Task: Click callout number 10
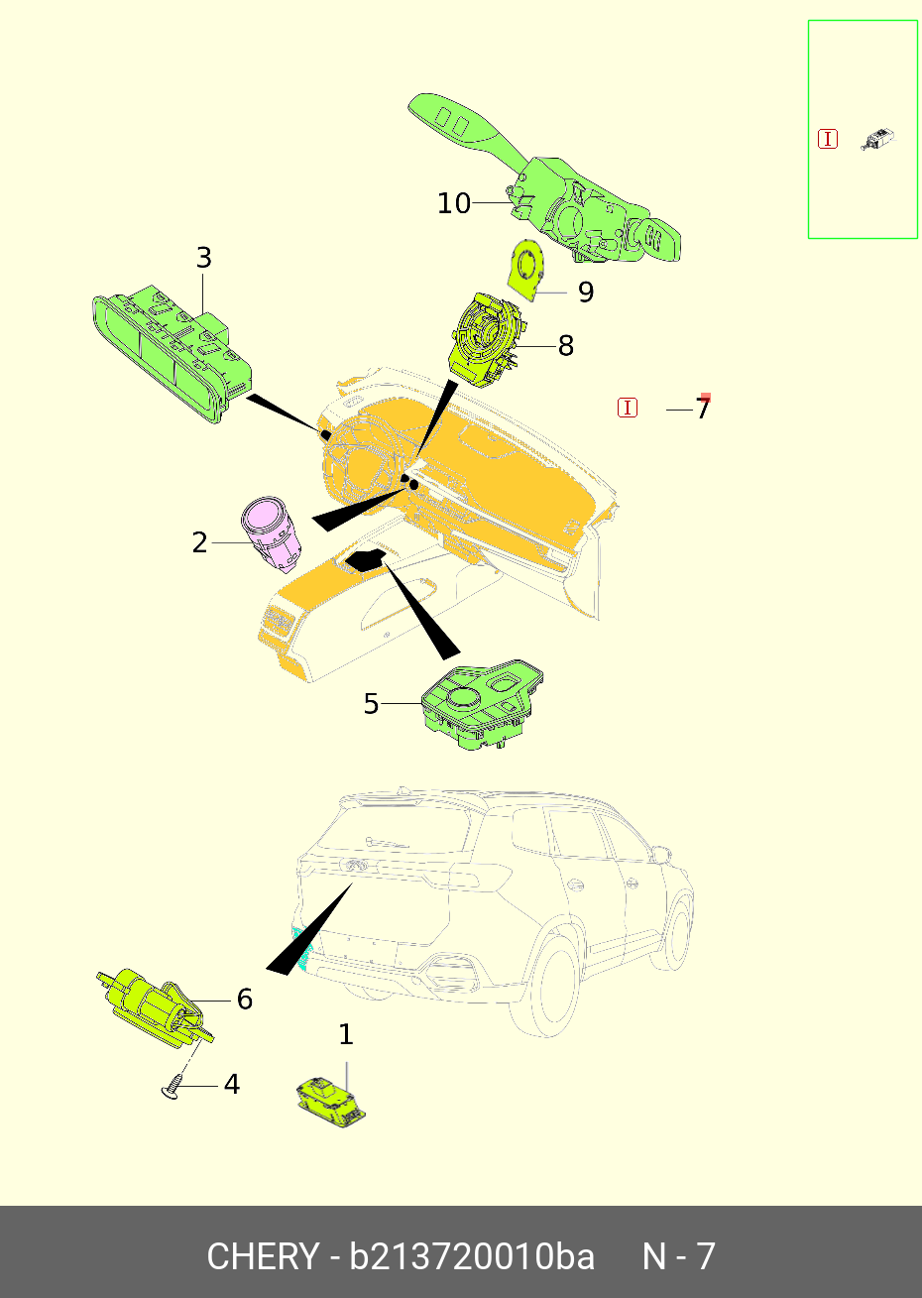tap(454, 203)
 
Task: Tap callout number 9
tap(586, 293)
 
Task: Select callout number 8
tap(566, 346)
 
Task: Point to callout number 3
tap(203, 258)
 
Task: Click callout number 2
tap(199, 543)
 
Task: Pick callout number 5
tap(371, 704)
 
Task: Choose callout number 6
tap(245, 999)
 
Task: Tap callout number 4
tap(232, 1084)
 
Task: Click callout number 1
tap(346, 1034)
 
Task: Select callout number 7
tap(702, 409)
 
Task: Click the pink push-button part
tap(271, 533)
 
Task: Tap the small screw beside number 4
tap(172, 1087)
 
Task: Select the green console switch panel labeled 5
tap(482, 704)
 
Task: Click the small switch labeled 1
tap(331, 1102)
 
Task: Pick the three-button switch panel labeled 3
tap(173, 353)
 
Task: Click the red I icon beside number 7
tap(627, 408)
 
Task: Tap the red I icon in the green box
tap(828, 139)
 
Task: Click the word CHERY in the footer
tap(263, 1257)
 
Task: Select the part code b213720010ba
tap(471, 1257)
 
